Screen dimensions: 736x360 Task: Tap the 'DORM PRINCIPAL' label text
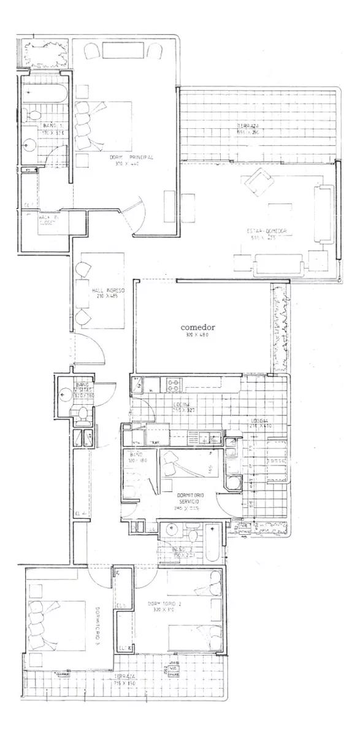pyautogui.click(x=131, y=158)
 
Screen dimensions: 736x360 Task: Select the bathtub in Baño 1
pyautogui.click(x=45, y=95)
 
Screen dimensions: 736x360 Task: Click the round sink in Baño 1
pyautogui.click(x=30, y=145)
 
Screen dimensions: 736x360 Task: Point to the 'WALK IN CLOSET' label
pyautogui.click(x=47, y=220)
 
